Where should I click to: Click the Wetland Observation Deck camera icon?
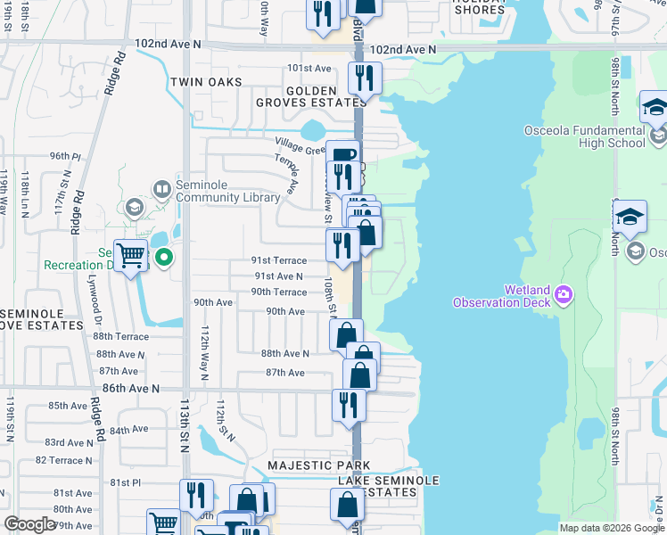point(564,293)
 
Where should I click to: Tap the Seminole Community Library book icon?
point(161,188)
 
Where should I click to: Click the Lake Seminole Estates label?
point(388,486)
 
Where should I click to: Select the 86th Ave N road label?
point(130,389)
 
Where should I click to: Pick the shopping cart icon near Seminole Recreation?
point(131,256)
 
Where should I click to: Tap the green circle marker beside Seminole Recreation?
point(164,259)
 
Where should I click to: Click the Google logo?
point(30,524)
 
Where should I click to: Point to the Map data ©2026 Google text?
point(611,528)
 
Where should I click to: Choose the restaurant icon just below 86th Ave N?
point(349,405)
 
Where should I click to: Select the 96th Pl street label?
point(65,156)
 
